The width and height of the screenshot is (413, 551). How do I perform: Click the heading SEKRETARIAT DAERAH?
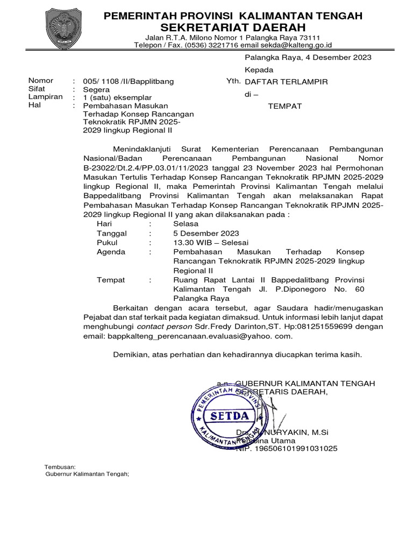[233, 27]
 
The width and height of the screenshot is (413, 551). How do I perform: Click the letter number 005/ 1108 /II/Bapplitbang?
[129, 81]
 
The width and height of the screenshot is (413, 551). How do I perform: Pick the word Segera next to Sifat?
[95, 89]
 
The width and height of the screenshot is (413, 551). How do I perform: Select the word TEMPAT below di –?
[285, 106]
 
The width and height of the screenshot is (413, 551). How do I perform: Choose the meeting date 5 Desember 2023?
[206, 233]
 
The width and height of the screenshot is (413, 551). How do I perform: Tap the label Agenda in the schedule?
[111, 252]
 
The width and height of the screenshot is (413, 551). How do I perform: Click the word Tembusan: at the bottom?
[60, 467]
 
